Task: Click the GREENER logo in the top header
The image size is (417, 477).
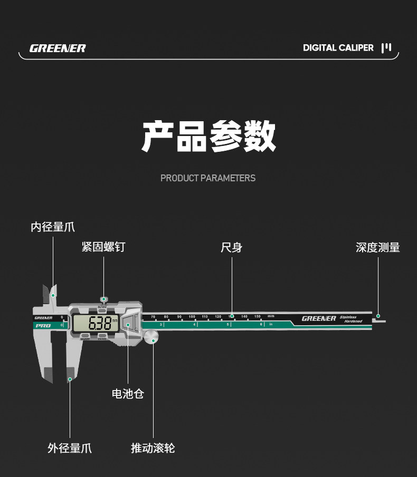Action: [x=58, y=48]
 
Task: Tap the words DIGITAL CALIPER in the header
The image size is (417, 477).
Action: [x=338, y=48]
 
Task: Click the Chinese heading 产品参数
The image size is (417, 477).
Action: [x=209, y=137]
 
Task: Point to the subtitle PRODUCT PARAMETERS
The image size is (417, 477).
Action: [x=208, y=178]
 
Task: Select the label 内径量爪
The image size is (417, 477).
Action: [x=53, y=227]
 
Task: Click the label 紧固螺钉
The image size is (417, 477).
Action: [x=103, y=247]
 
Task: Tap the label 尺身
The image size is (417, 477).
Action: [x=231, y=247]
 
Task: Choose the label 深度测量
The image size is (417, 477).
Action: [x=378, y=247]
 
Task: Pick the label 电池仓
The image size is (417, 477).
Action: [x=128, y=393]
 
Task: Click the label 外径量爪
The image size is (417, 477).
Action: [x=70, y=448]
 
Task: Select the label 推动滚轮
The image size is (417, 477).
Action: [x=153, y=448]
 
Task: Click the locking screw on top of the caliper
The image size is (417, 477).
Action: [x=103, y=299]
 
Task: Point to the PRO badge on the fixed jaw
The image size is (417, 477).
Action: [x=43, y=326]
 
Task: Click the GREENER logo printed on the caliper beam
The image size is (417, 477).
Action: [x=319, y=318]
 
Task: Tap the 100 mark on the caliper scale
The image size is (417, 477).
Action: [x=192, y=316]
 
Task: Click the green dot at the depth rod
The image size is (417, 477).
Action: [x=378, y=316]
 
